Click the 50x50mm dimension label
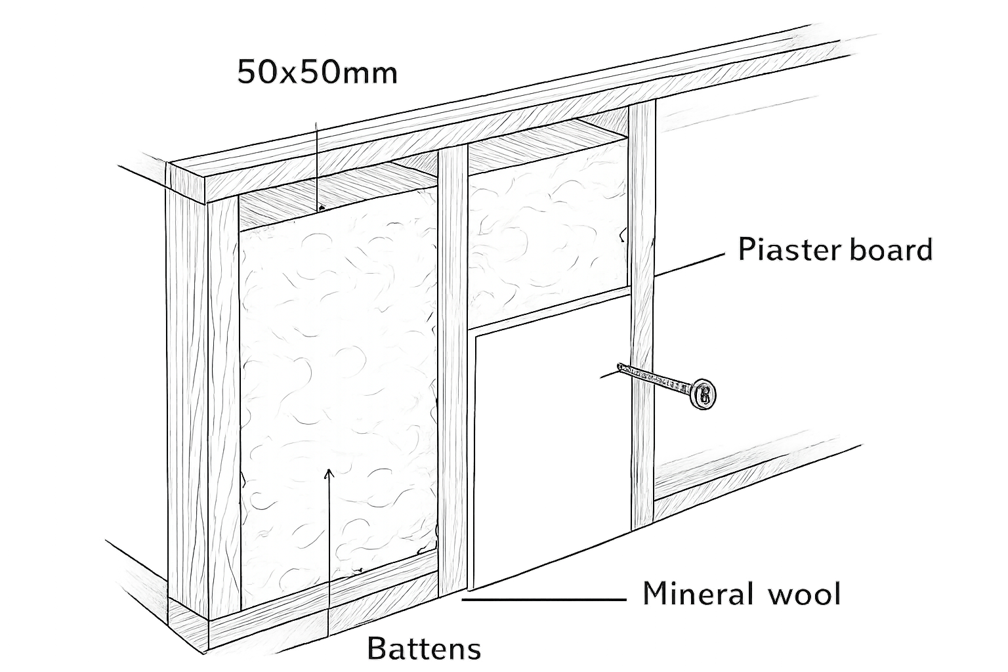317,72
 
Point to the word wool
804,593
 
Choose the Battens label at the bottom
424,648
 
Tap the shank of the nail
655,378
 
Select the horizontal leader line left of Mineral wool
544,600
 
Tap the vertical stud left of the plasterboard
453,373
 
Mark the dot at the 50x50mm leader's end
321,208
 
